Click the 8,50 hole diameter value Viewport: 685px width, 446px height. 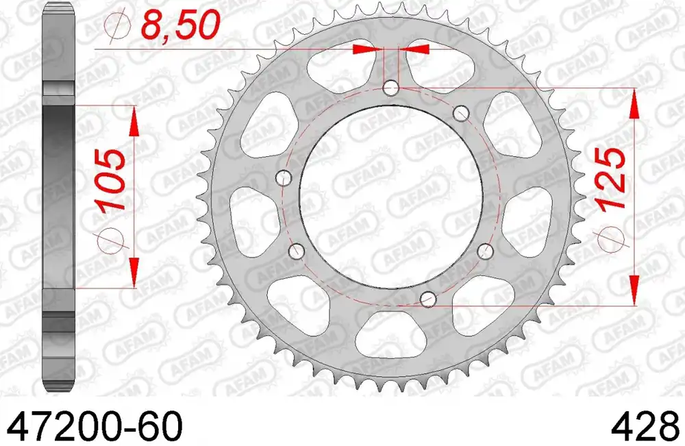coord(180,26)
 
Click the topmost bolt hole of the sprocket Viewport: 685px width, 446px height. coord(391,88)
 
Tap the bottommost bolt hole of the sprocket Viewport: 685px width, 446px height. coord(428,299)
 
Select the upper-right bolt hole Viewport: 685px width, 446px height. coord(462,112)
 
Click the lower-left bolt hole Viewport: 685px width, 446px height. coord(297,251)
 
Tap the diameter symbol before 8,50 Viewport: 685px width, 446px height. coord(118,27)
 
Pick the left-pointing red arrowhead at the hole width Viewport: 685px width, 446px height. coord(416,49)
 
